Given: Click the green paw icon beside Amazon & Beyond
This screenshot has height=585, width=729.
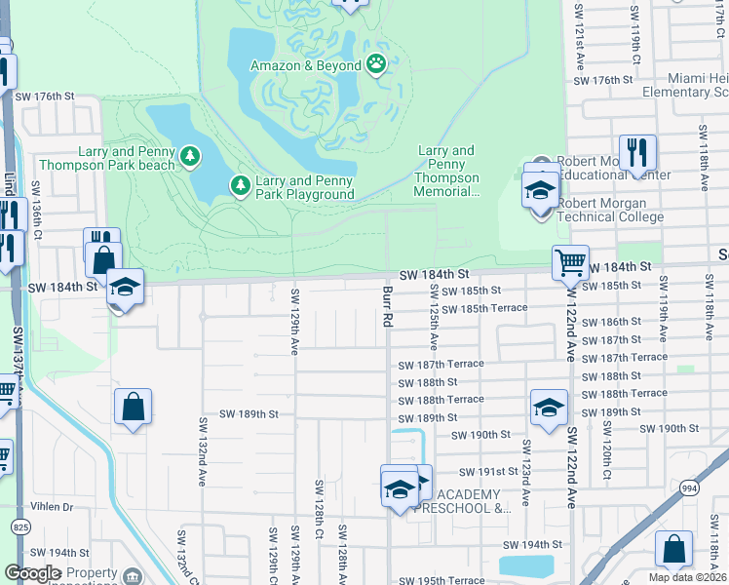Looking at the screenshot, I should tap(376, 64).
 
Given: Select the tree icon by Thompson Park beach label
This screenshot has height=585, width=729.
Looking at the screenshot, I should tap(189, 155).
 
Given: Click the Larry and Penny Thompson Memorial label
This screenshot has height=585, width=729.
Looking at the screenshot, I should tap(448, 172).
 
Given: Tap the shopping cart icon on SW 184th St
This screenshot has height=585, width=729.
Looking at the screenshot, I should tap(569, 261).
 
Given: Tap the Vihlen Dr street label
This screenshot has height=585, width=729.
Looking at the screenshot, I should tap(53, 507).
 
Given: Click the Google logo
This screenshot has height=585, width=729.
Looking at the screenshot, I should tap(32, 573).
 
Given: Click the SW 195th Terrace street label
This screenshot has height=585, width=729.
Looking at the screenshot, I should tap(440, 580).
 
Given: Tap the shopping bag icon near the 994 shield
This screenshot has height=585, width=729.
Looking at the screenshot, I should tap(673, 549).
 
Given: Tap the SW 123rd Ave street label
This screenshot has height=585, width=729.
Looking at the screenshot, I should tap(525, 473).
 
